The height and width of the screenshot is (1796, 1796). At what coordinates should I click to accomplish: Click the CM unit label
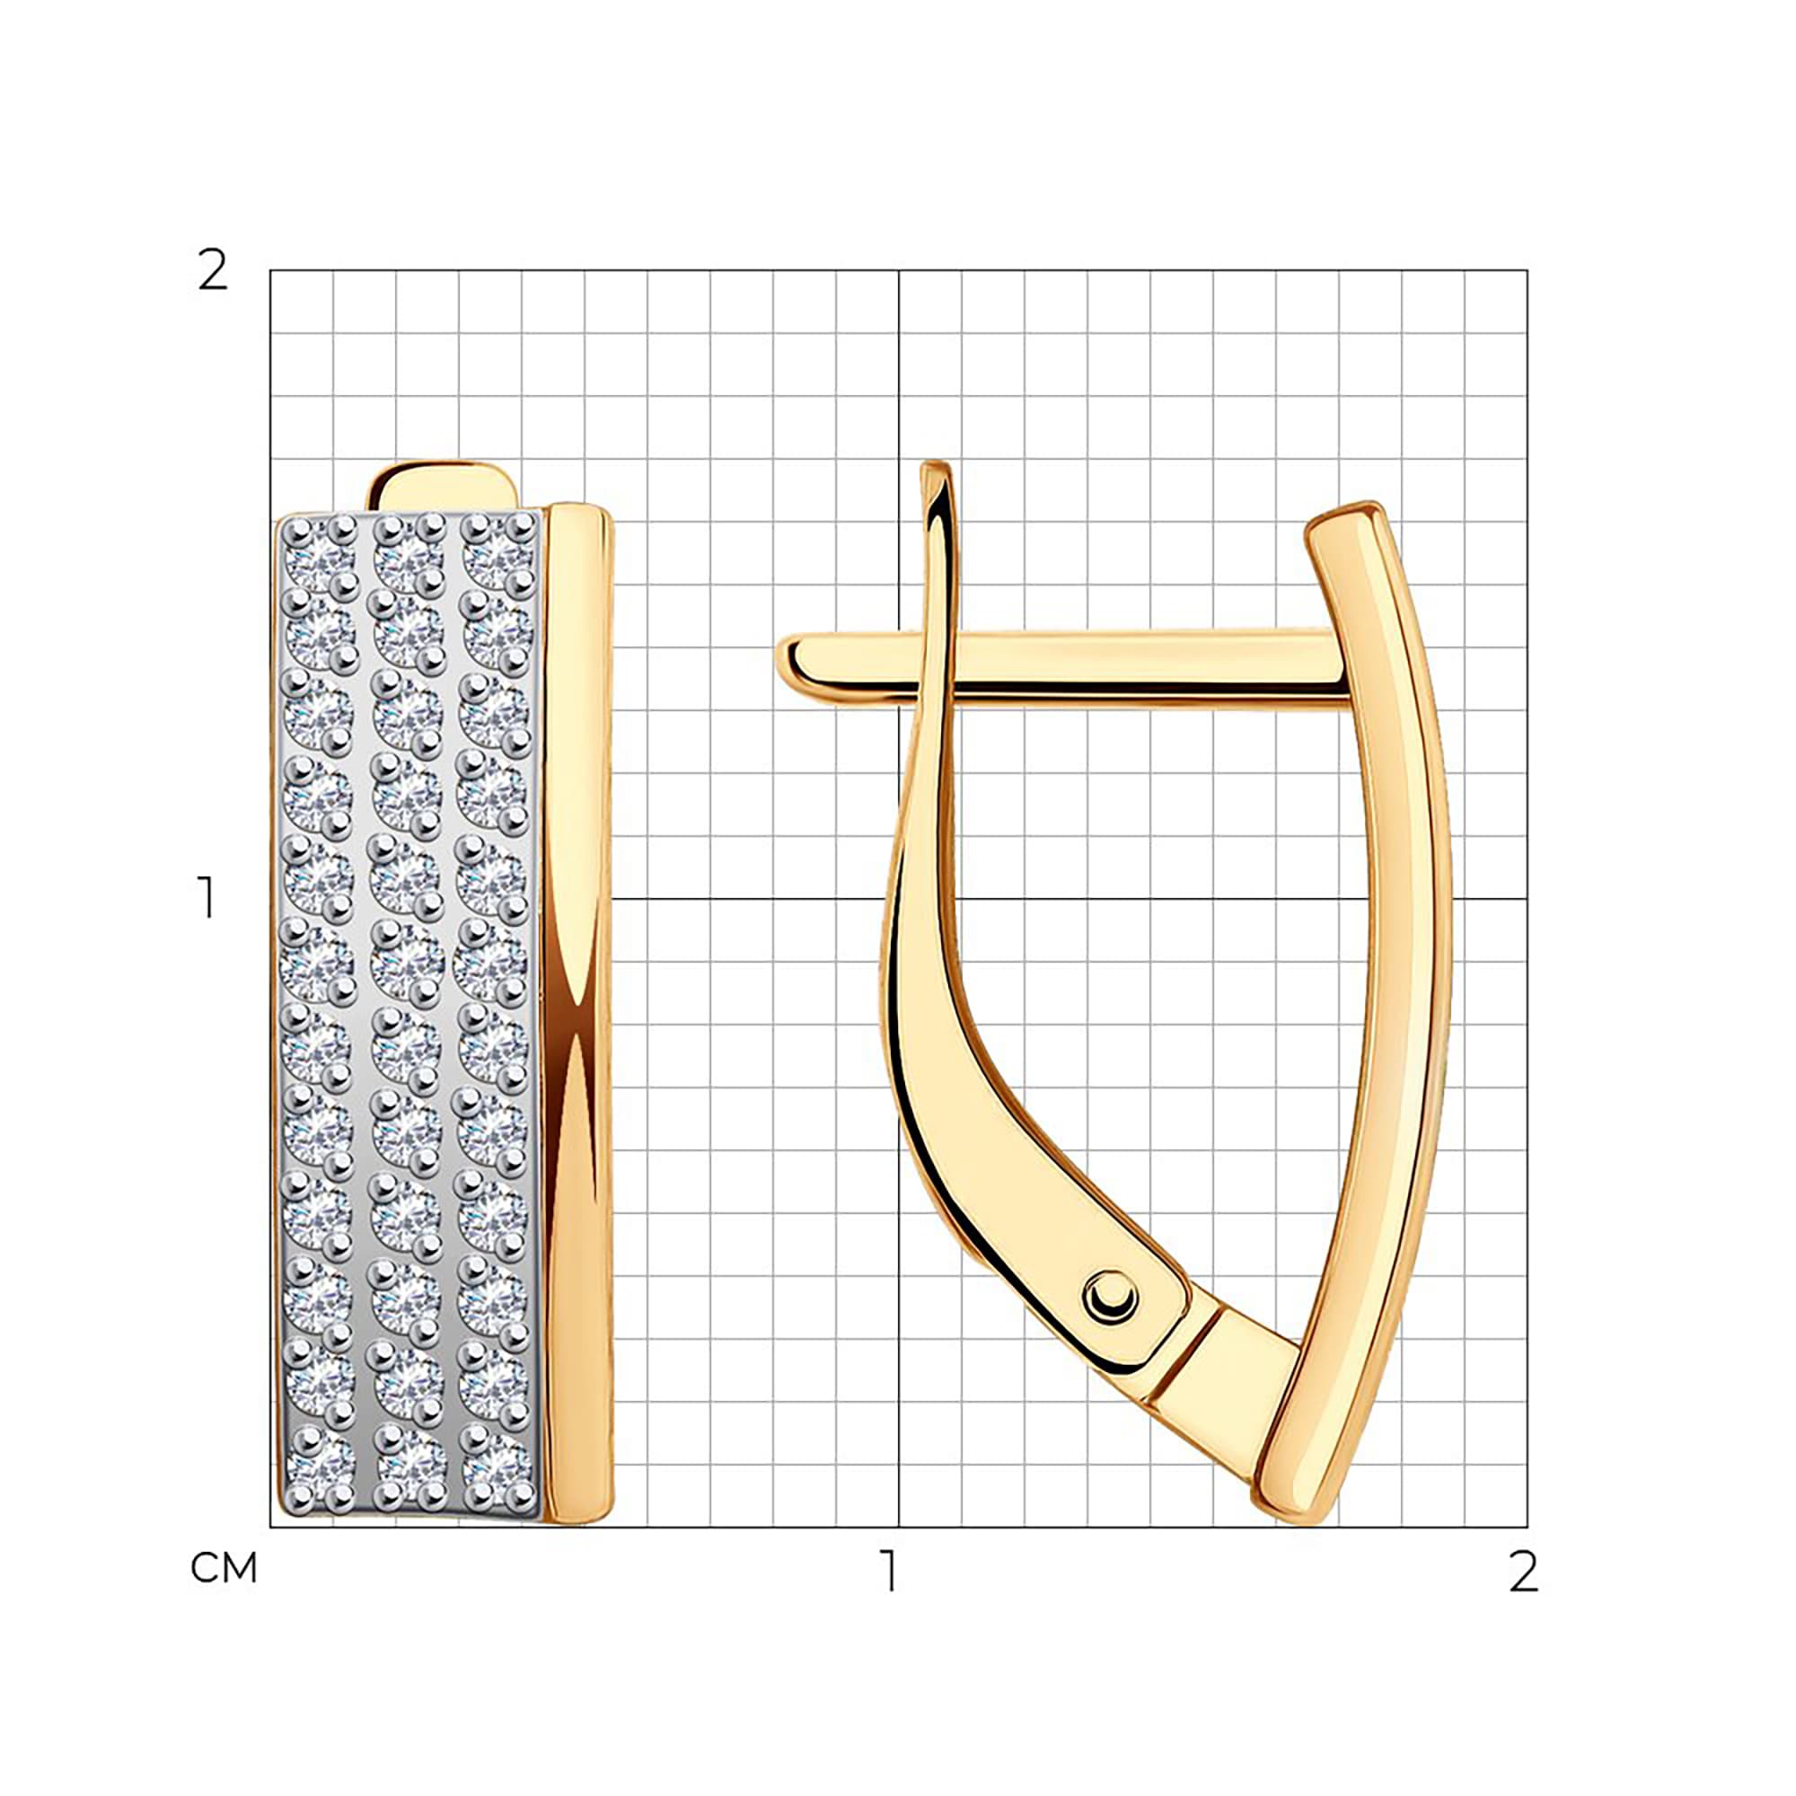coord(223,1568)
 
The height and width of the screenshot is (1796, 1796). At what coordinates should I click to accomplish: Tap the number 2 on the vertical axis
coord(213,271)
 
